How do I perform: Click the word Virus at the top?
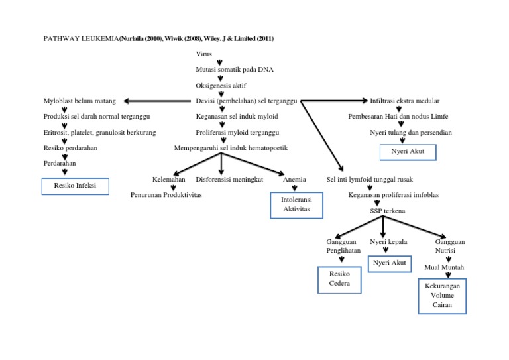coord(204,54)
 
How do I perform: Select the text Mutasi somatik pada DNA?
coord(234,70)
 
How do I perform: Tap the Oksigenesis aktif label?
coord(221,86)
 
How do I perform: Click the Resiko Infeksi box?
coord(76,186)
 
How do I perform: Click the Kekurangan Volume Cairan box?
coord(442,295)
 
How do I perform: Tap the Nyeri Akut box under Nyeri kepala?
coord(389,263)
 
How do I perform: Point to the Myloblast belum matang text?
coord(79,101)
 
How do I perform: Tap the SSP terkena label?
coord(388,211)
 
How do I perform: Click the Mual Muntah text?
coord(444,267)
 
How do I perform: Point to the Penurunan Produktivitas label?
coord(166,196)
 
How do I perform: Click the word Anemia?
coord(294,180)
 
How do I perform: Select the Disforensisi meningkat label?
coord(230,180)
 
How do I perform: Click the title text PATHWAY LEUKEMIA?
coord(79,39)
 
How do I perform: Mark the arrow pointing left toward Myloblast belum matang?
coord(156,101)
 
